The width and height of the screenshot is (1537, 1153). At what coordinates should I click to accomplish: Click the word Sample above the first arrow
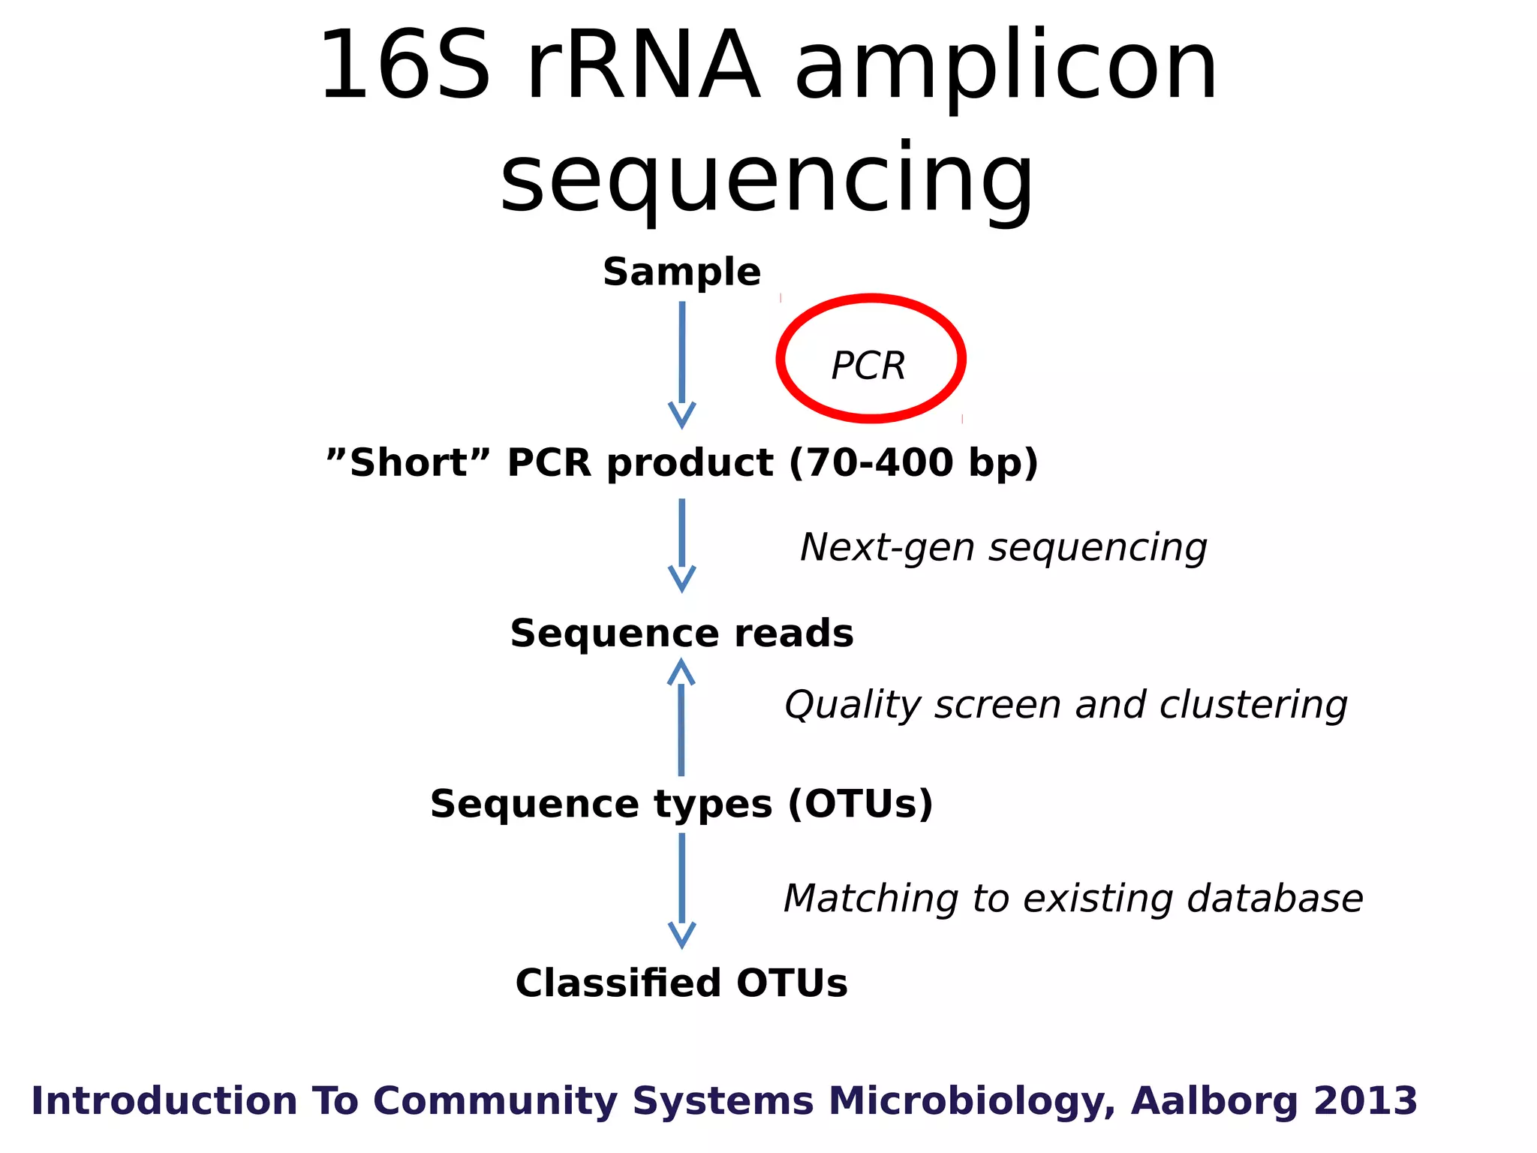click(681, 272)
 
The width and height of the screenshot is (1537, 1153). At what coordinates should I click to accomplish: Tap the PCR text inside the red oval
click(868, 366)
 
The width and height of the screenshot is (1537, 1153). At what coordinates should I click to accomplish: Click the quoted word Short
click(409, 462)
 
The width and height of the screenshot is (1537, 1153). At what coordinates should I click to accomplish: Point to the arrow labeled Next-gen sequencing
click(681, 544)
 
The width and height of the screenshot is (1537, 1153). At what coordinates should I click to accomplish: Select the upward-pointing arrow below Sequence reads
click(681, 717)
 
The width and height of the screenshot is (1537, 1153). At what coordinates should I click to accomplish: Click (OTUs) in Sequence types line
click(860, 804)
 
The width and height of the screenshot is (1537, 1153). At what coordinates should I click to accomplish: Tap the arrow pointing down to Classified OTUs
click(681, 890)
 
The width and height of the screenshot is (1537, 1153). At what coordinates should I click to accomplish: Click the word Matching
click(871, 899)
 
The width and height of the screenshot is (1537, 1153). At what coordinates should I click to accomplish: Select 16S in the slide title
click(405, 66)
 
